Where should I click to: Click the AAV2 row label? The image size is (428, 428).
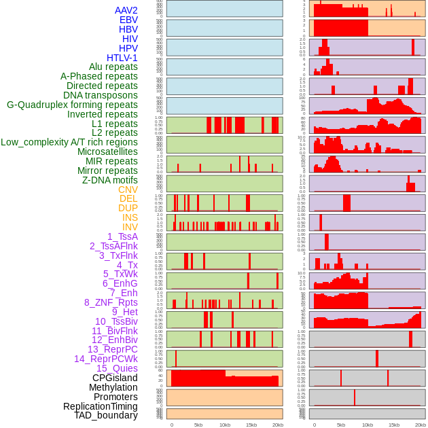tap(126, 10)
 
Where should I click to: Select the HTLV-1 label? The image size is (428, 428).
tap(122, 58)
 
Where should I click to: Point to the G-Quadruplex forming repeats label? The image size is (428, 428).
tap(72, 105)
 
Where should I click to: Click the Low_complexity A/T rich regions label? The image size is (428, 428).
tap(69, 142)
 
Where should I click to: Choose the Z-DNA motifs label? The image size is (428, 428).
tap(110, 180)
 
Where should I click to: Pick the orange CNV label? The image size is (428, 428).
tap(128, 190)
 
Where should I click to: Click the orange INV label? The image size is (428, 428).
tap(130, 227)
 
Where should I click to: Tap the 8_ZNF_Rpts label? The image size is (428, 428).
tap(111, 302)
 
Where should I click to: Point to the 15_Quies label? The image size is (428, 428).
tap(117, 368)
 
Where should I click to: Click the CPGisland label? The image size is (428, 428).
tap(115, 378)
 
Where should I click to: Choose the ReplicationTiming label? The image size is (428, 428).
tap(101, 406)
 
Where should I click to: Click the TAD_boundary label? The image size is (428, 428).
tap(106, 415)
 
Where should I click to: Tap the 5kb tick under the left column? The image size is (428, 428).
tap(198, 425)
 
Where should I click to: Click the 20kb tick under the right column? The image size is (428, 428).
tap(421, 425)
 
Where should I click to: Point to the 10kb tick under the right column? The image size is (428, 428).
tap(368, 425)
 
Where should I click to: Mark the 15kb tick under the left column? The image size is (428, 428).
tap(251, 425)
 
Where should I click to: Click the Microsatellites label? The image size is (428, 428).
tap(107, 151)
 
